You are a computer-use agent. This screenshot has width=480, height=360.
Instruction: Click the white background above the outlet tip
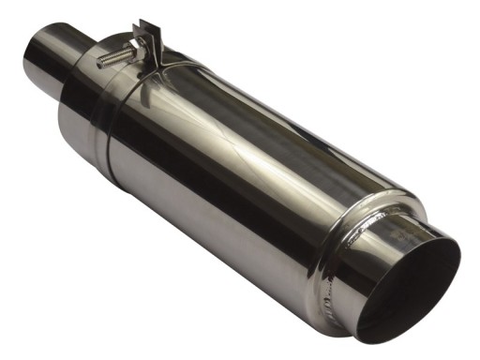pyautogui.click(x=422, y=141)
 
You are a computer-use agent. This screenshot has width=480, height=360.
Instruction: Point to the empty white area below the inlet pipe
pyautogui.click(x=47, y=234)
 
